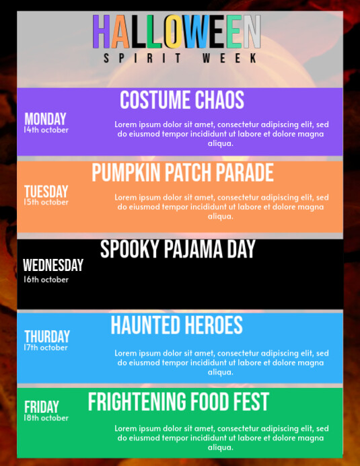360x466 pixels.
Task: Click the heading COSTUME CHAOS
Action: point(182,100)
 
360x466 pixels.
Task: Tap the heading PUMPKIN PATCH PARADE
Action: point(182,173)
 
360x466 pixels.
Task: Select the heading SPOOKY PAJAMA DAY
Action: point(178,249)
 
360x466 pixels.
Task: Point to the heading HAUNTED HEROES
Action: point(176,325)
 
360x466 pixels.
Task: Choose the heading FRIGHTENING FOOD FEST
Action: point(178,402)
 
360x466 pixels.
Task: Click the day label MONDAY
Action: point(45,119)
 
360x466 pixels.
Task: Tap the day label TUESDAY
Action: point(46,192)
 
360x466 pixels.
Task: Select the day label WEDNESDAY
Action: point(53,266)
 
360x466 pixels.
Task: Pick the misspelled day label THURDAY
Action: point(47,336)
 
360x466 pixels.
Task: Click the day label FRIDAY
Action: point(42,407)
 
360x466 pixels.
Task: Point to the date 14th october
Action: point(46,130)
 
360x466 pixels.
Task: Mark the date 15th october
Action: point(46,202)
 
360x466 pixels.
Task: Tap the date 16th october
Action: point(46,279)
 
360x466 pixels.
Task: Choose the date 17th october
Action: point(46,348)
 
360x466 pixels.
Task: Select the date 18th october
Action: point(46,418)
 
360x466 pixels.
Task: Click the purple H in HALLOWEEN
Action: point(102,32)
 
